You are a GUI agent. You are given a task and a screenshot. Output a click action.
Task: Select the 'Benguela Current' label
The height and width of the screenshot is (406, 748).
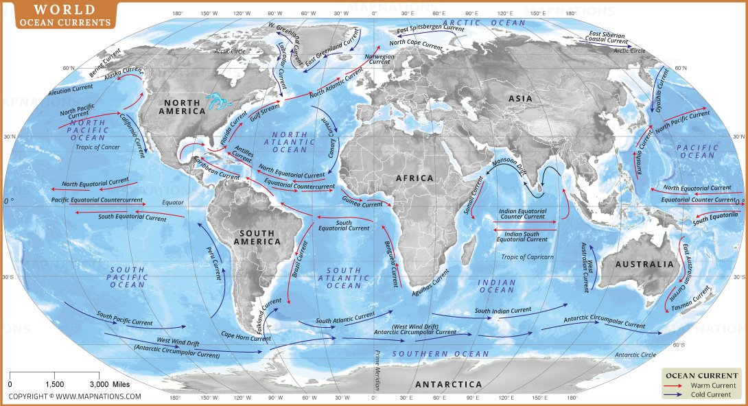(390, 259)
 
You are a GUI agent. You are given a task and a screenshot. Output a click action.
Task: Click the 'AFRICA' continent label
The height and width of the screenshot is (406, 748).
(414, 178)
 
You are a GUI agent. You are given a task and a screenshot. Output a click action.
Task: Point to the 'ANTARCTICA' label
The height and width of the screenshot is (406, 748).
(448, 384)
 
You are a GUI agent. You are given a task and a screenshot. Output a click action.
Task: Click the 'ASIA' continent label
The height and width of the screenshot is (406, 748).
(520, 99)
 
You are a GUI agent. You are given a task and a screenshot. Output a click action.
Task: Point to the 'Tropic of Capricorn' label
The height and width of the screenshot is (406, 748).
(526, 257)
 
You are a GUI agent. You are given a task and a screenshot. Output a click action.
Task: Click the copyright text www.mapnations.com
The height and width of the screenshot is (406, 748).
(74, 396)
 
